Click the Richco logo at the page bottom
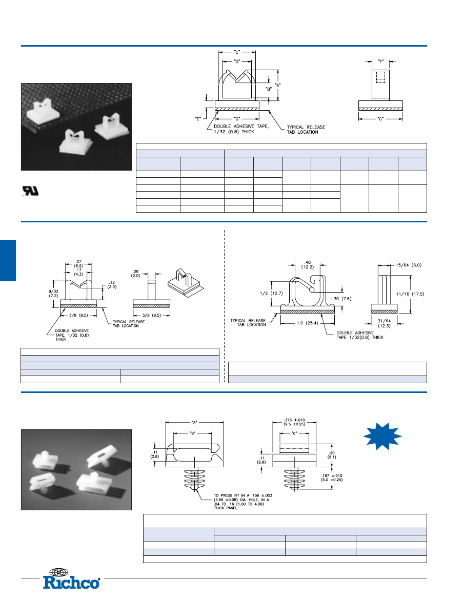coord(71,582)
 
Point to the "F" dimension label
coord(380,61)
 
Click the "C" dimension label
coord(237,52)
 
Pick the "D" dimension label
coord(237,61)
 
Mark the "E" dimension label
coord(198,118)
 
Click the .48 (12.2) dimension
coord(307,264)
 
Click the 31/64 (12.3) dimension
coord(385,324)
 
